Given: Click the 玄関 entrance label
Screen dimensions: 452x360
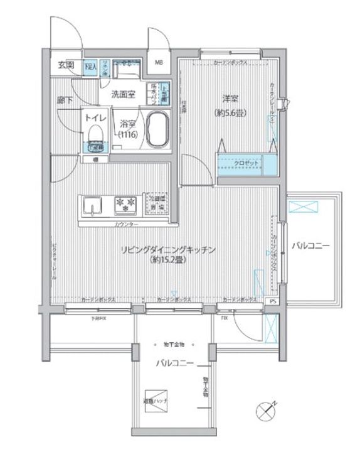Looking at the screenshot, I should (x=66, y=65).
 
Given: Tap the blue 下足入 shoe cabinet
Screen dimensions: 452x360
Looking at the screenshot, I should (x=90, y=65).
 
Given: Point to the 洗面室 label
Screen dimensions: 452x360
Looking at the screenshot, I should (x=124, y=95).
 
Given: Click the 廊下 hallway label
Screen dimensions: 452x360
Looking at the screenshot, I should (x=64, y=99).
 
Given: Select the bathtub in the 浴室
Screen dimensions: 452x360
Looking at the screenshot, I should (x=157, y=129).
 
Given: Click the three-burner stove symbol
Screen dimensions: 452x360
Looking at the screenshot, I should (x=124, y=204).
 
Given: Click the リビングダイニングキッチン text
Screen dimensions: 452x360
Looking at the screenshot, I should (x=168, y=250).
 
